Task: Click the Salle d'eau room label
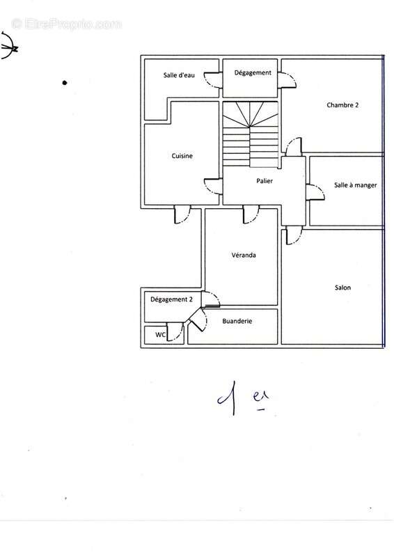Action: click(179, 75)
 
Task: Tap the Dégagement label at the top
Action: click(253, 73)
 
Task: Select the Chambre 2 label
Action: click(342, 105)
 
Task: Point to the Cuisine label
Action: click(182, 156)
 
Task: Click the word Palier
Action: click(265, 181)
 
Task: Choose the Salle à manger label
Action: click(355, 185)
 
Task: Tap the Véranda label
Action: click(244, 255)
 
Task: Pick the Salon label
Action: click(342, 288)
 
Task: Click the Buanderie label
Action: click(237, 321)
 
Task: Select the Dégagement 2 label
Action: click(171, 299)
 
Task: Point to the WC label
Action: click(160, 335)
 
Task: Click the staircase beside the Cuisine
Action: click(250, 134)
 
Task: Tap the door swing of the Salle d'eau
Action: click(213, 80)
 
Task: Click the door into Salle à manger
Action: click(315, 192)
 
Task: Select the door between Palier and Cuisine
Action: click(213, 186)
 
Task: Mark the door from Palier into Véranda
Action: click(251, 214)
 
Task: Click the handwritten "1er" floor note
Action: click(243, 398)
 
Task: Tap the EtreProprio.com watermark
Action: click(66, 24)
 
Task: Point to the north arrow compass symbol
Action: click(8, 45)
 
